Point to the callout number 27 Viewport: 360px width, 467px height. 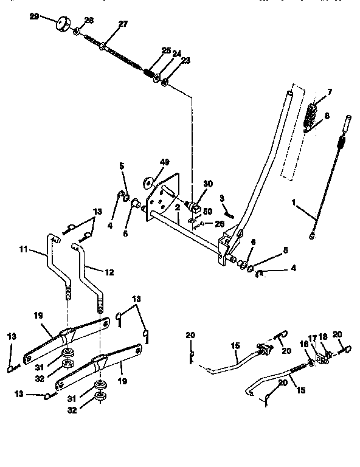[x=123, y=24]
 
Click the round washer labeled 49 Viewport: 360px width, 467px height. [x=148, y=182]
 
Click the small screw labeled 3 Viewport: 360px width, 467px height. [x=227, y=212]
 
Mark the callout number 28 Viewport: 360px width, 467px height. [x=89, y=21]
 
